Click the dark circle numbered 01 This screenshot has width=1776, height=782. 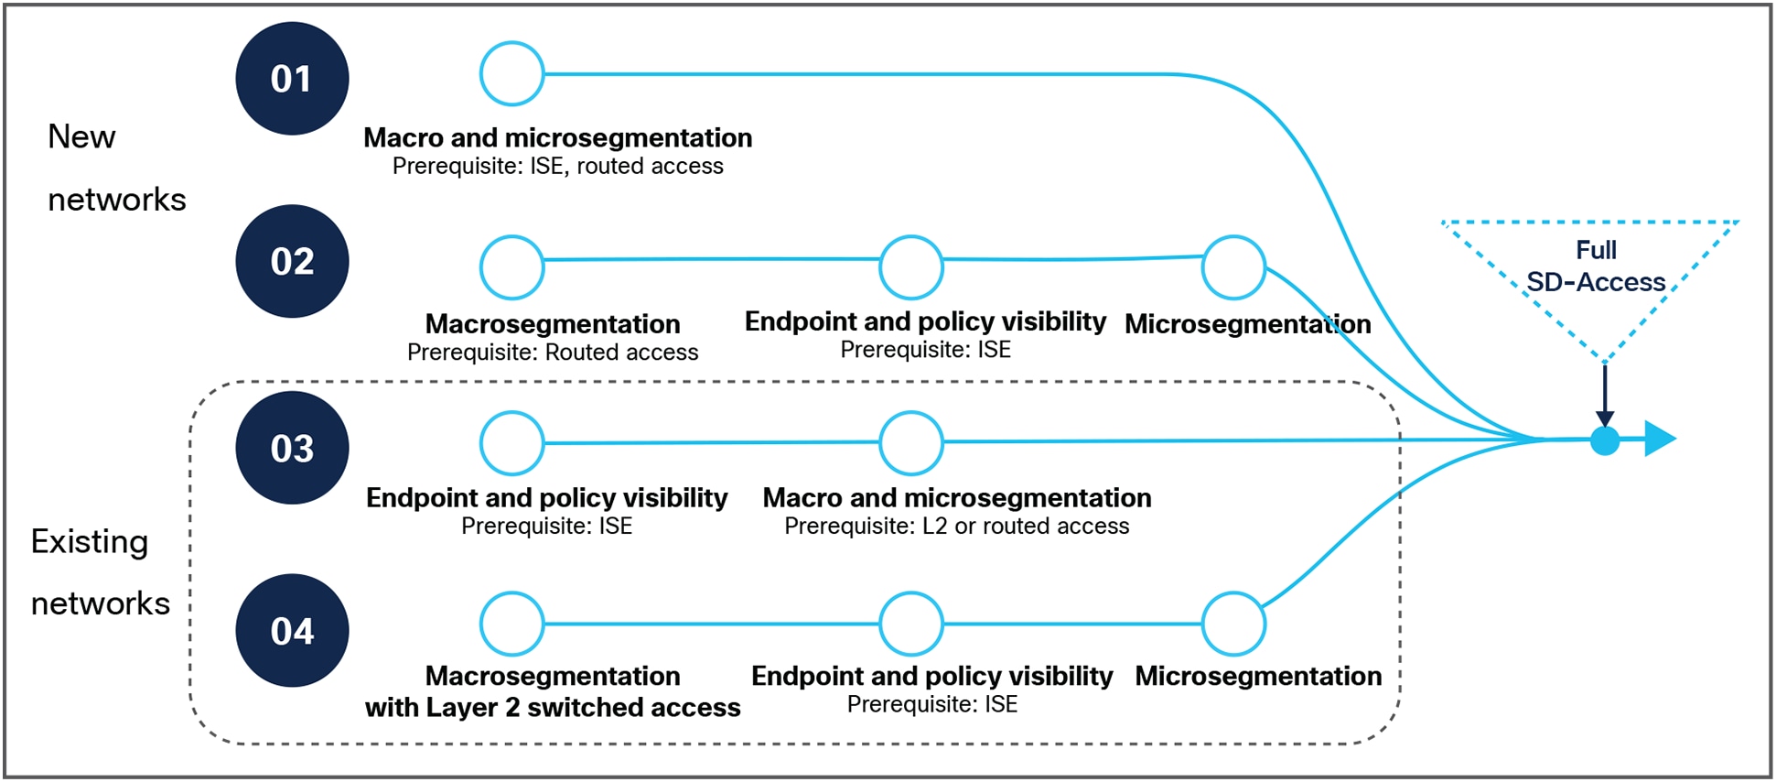click(292, 79)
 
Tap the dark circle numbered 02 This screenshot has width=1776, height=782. click(292, 262)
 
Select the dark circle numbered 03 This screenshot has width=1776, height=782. click(292, 448)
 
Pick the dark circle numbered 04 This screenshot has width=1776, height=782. click(292, 631)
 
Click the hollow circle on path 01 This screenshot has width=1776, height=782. click(511, 74)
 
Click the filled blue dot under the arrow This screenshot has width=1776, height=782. click(1604, 440)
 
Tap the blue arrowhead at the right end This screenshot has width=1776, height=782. click(1659, 439)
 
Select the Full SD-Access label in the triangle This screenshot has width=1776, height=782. click(1596, 266)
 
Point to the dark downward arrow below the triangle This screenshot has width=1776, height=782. click(1604, 394)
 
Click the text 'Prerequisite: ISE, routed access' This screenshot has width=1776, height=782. click(557, 167)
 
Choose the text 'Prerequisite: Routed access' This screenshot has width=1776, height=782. click(552, 353)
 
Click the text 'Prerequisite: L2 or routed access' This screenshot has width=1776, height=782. click(956, 527)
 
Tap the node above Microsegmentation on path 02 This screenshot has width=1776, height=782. click(1232, 267)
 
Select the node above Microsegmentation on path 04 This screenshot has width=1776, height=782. click(1232, 624)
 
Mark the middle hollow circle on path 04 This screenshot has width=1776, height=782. click(910, 624)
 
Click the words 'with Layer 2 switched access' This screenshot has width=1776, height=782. click(553, 708)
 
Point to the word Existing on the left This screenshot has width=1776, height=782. click(89, 542)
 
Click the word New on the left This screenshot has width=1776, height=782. click(81, 137)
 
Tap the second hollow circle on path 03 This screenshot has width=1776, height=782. click(910, 443)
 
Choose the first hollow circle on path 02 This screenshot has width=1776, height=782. click(511, 267)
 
